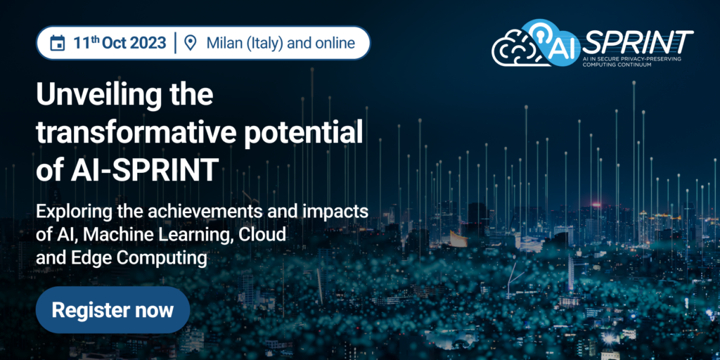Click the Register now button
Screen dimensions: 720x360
pyautogui.click(x=112, y=310)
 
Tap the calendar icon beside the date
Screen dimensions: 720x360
pyautogui.click(x=58, y=44)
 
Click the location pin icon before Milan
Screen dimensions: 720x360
pyautogui.click(x=190, y=43)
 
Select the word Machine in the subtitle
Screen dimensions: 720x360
pyautogui.click(x=120, y=235)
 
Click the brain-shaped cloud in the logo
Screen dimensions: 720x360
pyautogui.click(x=513, y=49)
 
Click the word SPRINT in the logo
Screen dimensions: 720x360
pyautogui.click(x=637, y=43)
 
